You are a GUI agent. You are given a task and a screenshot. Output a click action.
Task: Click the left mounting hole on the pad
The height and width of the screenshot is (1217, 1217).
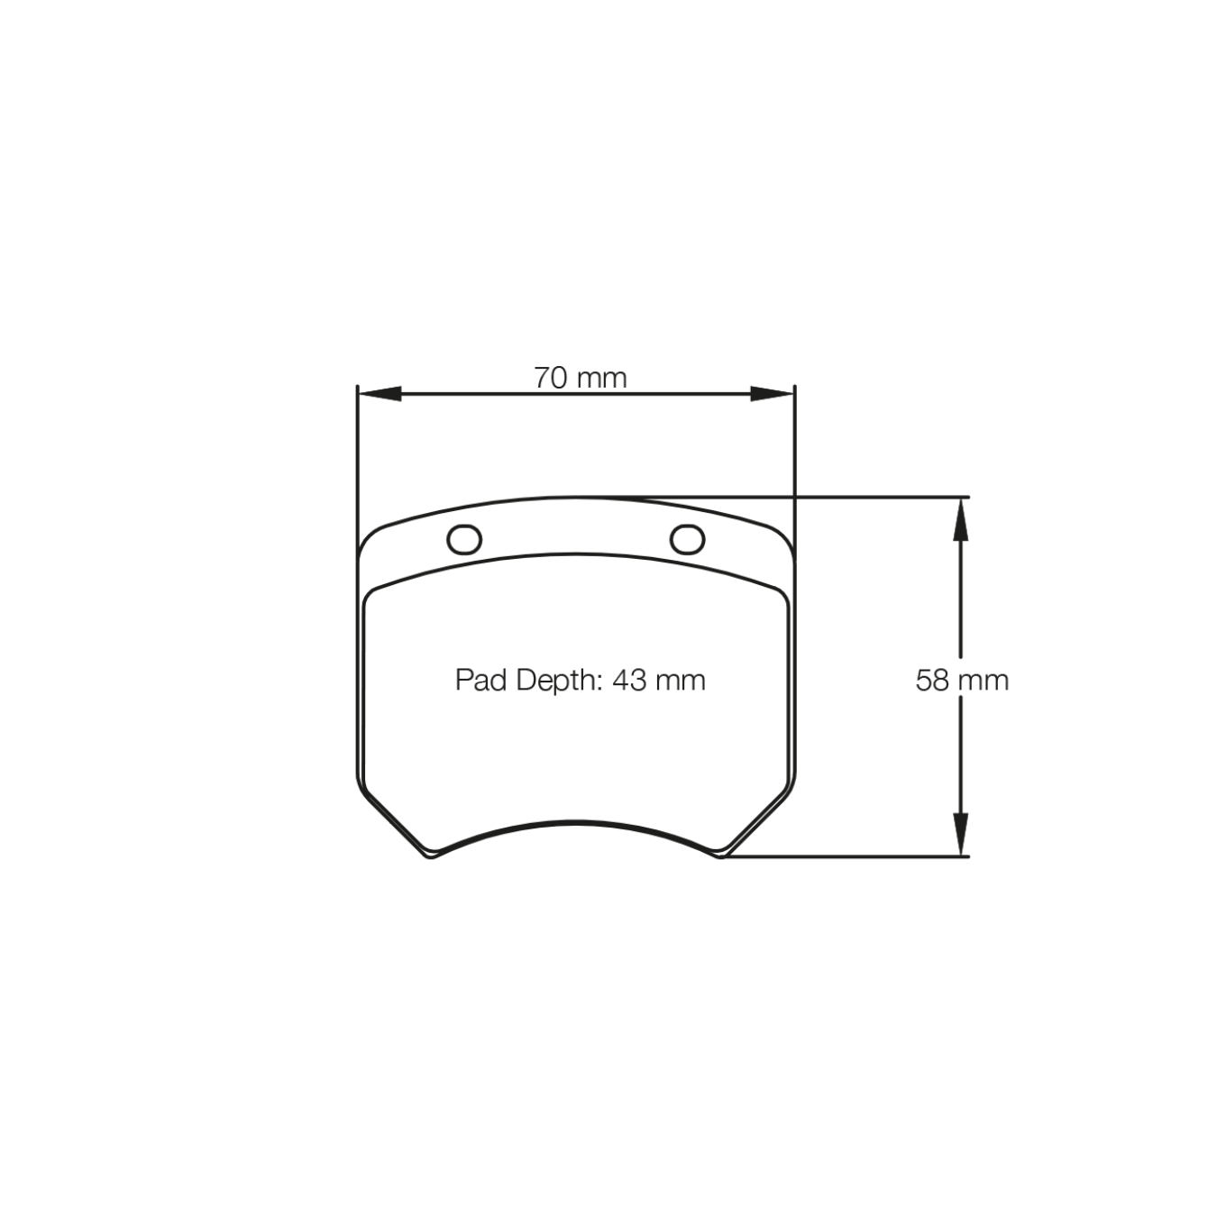point(464,540)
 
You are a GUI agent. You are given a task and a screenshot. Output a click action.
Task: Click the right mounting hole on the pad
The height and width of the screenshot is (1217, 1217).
point(687,539)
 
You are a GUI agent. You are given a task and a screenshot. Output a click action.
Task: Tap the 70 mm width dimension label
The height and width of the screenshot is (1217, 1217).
point(580,378)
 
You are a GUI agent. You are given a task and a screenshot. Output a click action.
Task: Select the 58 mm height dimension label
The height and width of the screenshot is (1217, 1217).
point(962,680)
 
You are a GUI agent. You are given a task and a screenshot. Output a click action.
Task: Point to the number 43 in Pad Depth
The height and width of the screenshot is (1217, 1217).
point(629,680)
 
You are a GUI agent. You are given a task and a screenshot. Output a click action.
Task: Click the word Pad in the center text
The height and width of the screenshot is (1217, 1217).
point(480,680)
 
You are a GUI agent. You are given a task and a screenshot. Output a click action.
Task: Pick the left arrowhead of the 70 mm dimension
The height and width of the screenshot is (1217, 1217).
point(380,394)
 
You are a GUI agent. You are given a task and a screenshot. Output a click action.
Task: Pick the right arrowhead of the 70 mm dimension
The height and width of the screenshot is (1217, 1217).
point(773,394)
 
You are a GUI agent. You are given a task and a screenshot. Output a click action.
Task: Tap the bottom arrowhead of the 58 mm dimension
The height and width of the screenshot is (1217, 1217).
point(961,833)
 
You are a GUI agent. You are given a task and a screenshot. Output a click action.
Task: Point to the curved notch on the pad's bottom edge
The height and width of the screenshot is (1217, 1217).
point(576,823)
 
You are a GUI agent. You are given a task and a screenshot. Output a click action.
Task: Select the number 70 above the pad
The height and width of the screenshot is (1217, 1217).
point(550,378)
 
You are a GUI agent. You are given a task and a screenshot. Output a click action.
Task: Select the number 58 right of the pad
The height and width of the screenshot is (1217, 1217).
point(932,680)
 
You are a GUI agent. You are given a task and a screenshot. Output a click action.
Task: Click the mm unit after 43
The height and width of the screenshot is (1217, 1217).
point(681,680)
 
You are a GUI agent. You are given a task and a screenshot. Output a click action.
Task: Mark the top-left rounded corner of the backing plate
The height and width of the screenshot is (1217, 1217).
point(371,541)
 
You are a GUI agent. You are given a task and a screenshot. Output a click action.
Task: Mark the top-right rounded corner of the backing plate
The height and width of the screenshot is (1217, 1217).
point(782,541)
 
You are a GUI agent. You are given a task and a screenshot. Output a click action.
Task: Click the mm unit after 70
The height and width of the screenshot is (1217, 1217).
point(601,378)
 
